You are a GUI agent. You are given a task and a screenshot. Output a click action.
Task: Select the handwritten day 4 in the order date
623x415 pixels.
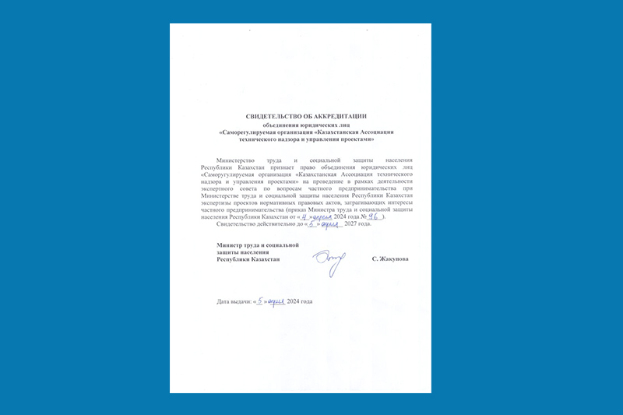[298, 217]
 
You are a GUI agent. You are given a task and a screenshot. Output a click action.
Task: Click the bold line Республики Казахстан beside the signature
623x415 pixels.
[248, 258]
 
